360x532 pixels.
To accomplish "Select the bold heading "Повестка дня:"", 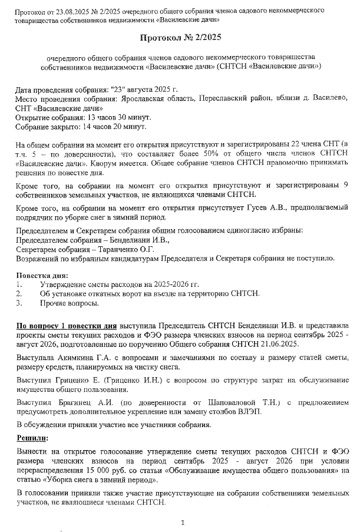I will [x=42, y=275].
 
